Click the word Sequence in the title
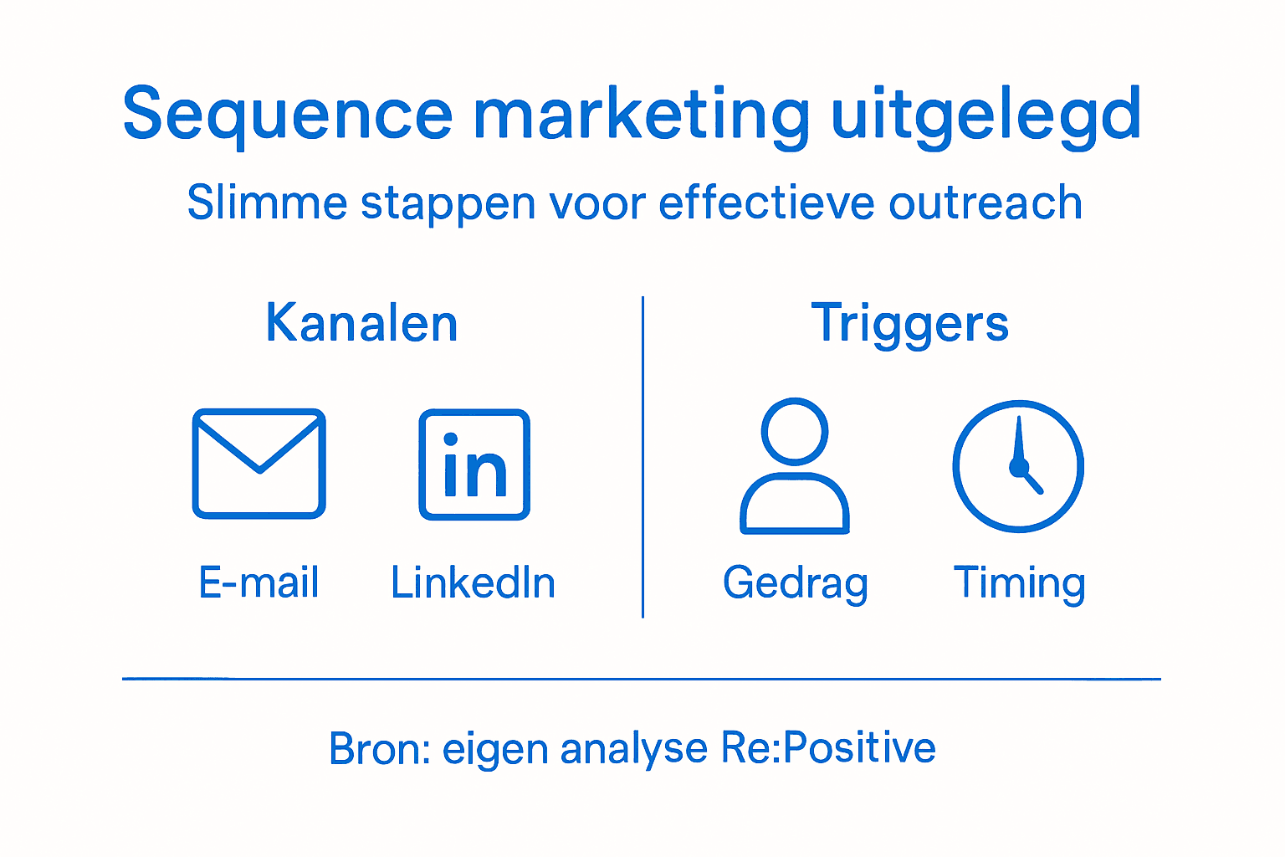click(x=287, y=115)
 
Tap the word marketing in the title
click(x=641, y=115)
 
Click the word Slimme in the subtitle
click(x=266, y=203)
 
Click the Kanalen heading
click(x=361, y=323)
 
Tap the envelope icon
click(x=259, y=464)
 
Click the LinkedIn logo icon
click(x=474, y=464)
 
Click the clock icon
click(x=1018, y=465)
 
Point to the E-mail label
click(x=259, y=582)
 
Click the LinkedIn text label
click(x=473, y=582)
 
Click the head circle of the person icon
click(x=795, y=431)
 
